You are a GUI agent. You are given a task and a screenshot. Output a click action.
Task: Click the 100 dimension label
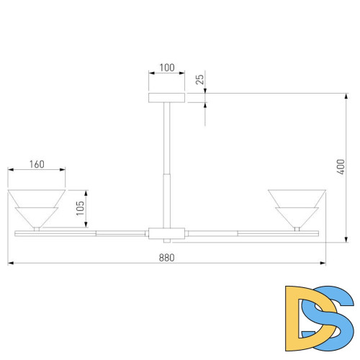(167, 68)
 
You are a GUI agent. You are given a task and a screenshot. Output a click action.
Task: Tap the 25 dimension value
(199, 79)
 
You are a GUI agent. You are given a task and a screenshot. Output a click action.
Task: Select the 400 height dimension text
(341, 167)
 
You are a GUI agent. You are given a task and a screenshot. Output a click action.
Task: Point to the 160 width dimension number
(37, 164)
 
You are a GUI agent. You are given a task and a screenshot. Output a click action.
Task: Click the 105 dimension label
(80, 208)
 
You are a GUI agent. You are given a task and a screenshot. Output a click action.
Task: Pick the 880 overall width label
(166, 258)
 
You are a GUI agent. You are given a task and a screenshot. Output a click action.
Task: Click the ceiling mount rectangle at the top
(166, 98)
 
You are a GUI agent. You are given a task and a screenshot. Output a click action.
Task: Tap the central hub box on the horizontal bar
(166, 233)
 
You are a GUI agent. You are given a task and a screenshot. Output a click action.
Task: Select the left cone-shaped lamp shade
(37, 208)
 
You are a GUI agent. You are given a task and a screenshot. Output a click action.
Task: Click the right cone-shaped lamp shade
(297, 208)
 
